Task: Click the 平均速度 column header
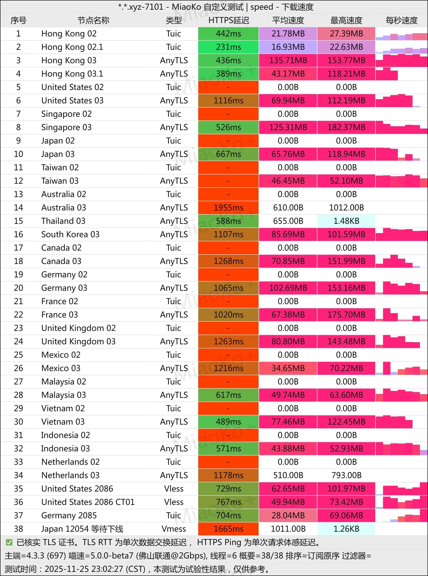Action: (288, 20)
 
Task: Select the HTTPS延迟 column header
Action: (228, 20)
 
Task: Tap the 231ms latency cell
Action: (228, 47)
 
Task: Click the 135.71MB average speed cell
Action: (288, 60)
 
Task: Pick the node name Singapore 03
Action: (66, 127)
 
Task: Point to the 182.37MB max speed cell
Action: (346, 127)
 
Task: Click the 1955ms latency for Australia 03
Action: (228, 207)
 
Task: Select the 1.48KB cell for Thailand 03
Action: (346, 221)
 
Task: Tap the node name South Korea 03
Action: (70, 234)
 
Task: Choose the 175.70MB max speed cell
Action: (346, 315)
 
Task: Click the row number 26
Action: (18, 368)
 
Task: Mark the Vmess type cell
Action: (174, 529)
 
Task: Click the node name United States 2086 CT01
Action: (88, 502)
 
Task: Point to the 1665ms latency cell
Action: (228, 529)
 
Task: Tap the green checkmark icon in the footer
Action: (9, 542)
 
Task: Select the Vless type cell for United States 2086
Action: (174, 489)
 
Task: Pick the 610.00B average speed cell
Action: (288, 207)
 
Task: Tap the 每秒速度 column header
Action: (401, 20)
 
